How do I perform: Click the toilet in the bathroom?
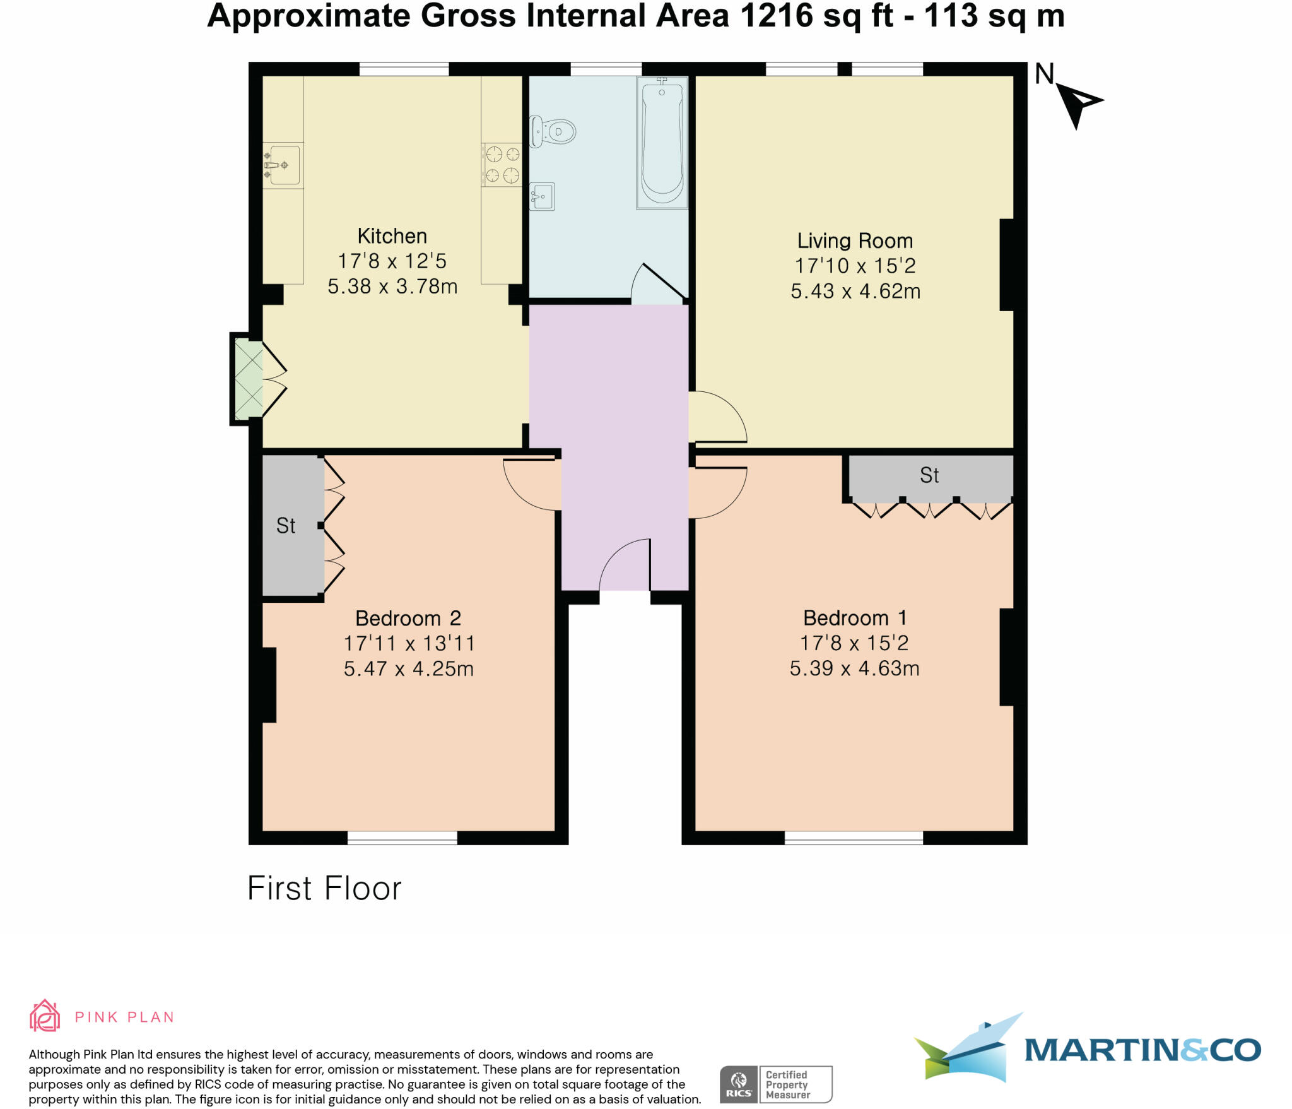point(553,131)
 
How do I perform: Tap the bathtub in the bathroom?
point(662,144)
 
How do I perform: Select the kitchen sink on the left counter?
point(283,165)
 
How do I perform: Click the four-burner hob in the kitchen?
point(502,164)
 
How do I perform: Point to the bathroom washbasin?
point(542,196)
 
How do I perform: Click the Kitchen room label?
point(392,236)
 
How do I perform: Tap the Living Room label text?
point(855,240)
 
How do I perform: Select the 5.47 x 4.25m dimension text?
point(408,668)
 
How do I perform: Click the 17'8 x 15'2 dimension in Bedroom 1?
point(854,643)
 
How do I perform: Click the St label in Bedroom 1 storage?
point(929,475)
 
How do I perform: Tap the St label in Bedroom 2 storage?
point(286,525)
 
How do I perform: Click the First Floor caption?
point(324,888)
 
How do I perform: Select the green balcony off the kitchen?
point(248,379)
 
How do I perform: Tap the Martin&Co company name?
point(1142,1050)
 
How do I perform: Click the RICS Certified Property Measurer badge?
point(776,1084)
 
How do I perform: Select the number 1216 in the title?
point(777,16)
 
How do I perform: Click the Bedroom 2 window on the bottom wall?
point(402,838)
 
